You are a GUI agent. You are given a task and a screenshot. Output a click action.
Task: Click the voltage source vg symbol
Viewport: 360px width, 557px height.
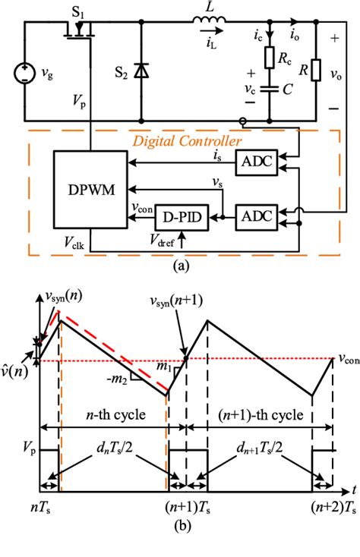26,74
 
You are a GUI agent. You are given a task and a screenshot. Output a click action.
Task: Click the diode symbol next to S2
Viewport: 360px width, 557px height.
141,70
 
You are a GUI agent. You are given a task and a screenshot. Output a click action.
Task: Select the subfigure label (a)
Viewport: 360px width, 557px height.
179,265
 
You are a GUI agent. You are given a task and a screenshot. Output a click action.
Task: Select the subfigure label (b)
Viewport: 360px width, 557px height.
179,545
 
